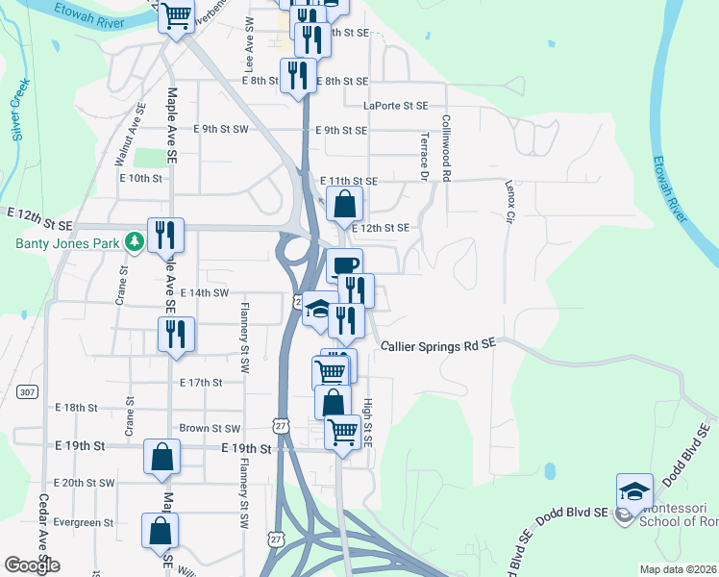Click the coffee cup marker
tap(344, 265)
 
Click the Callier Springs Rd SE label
tap(437, 344)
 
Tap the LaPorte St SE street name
tap(396, 106)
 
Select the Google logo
tap(32, 565)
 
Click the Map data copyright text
tap(678, 569)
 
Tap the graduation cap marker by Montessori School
tap(634, 490)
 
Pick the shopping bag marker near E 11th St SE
tap(345, 204)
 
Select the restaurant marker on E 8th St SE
tap(298, 75)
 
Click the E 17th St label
tap(201, 382)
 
